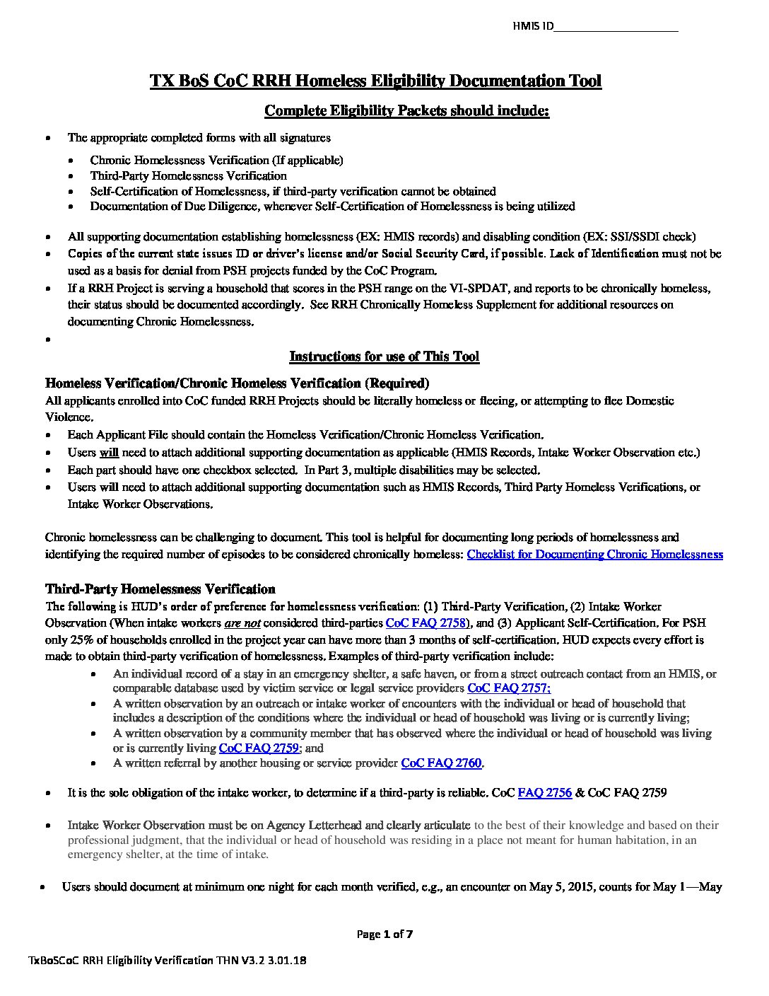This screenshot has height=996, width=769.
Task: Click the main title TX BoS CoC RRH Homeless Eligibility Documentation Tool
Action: (x=375, y=81)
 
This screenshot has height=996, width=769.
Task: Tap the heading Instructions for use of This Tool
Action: (x=384, y=357)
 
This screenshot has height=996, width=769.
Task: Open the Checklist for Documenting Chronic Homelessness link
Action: (x=594, y=555)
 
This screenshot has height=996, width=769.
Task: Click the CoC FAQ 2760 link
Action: (x=442, y=763)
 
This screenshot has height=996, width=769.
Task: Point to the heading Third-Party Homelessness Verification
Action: (x=160, y=589)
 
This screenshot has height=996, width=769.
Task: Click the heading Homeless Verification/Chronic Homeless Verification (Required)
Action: (x=237, y=383)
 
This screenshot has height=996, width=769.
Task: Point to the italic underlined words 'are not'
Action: (x=242, y=623)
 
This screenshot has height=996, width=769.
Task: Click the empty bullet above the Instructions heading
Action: (x=48, y=340)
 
